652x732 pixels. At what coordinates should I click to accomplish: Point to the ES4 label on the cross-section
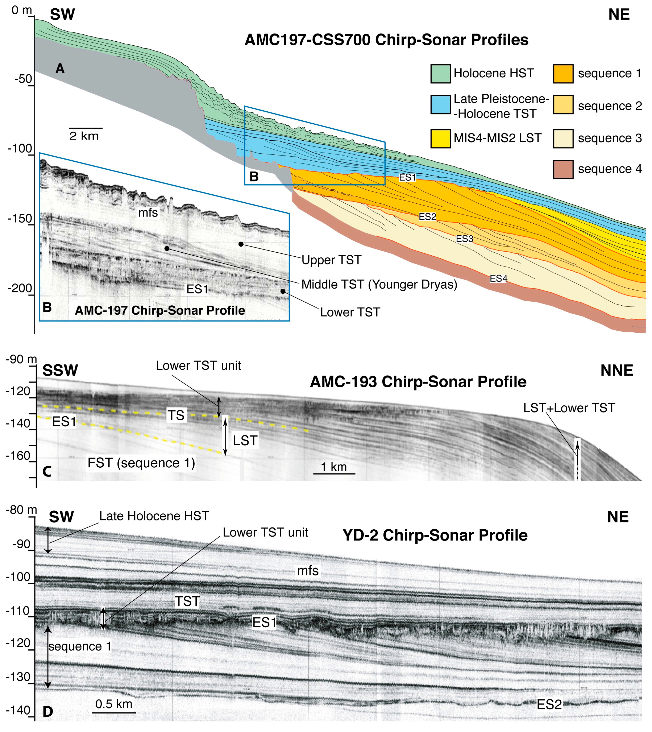tap(498, 278)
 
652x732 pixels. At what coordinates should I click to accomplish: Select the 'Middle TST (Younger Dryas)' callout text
tap(379, 285)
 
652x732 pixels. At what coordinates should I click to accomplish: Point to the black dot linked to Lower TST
tap(283, 291)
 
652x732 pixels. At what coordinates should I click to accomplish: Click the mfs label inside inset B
tap(148, 213)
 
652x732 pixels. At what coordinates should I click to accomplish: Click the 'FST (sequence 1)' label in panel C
tap(141, 463)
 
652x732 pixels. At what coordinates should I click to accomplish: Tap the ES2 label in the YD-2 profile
tap(549, 705)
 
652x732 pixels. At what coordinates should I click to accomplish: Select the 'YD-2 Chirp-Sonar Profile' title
tap(435, 535)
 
